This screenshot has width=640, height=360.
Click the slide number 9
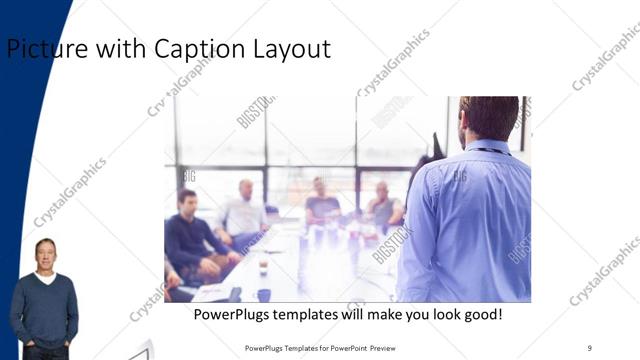click(x=589, y=347)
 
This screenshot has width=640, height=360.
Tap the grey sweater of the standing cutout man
click(x=44, y=305)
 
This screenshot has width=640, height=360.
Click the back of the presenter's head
click(x=489, y=118)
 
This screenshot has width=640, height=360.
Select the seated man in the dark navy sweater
click(x=190, y=240)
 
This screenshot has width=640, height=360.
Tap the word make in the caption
click(x=385, y=315)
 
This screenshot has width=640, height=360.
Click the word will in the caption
click(x=355, y=315)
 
